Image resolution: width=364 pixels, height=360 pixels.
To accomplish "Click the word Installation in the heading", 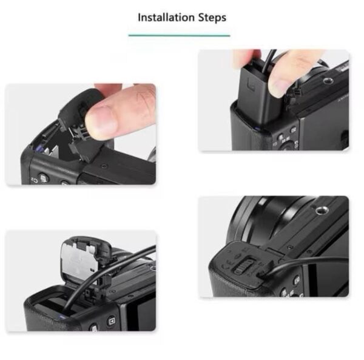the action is click(x=166, y=18).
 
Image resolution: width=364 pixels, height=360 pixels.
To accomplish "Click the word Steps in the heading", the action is click(x=212, y=18).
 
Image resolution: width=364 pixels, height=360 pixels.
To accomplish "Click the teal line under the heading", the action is click(x=179, y=36).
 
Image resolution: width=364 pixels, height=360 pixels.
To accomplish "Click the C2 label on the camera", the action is click(x=34, y=180).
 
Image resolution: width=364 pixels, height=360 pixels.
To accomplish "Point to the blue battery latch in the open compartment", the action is click(x=39, y=149).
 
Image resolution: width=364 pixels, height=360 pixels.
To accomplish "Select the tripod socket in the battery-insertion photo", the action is click(x=328, y=81).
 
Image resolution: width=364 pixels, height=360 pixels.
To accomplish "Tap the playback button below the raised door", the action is click(x=112, y=321).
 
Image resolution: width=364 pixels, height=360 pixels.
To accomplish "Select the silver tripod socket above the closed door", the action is click(x=322, y=211).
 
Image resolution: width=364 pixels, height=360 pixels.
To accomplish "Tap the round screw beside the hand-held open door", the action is click(x=104, y=166).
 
